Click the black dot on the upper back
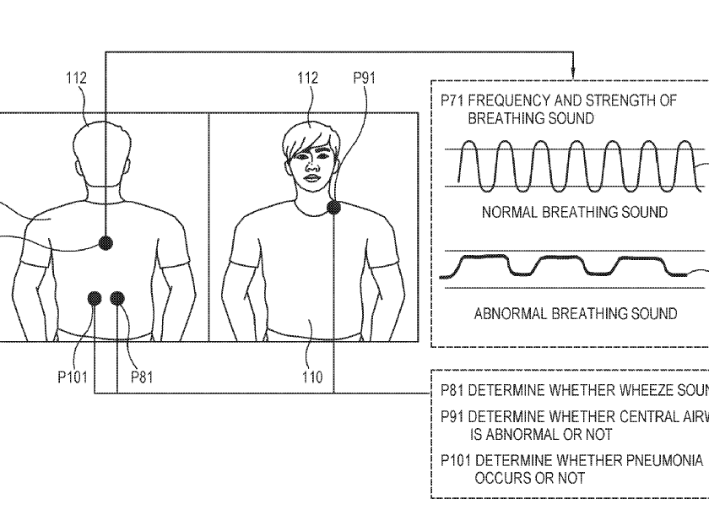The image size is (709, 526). [x=106, y=243]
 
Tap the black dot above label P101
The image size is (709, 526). [x=95, y=297]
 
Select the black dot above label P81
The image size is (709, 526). [x=117, y=297]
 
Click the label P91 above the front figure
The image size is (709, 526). [x=364, y=79]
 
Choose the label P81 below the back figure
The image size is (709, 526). [x=141, y=377]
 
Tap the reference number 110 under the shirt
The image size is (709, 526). [x=311, y=377]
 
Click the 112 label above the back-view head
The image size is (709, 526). [x=77, y=79]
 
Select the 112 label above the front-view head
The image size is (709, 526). [x=307, y=79]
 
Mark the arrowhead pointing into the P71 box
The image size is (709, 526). [x=573, y=74]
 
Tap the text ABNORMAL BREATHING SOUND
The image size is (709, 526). [x=575, y=314]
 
